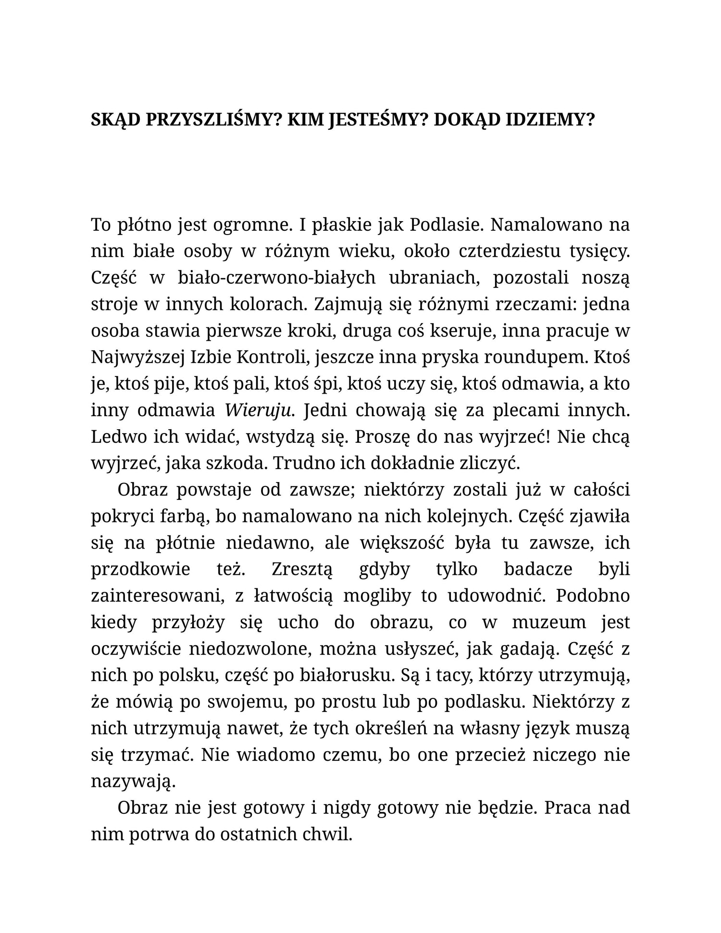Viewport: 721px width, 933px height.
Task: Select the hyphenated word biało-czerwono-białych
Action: (263, 277)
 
